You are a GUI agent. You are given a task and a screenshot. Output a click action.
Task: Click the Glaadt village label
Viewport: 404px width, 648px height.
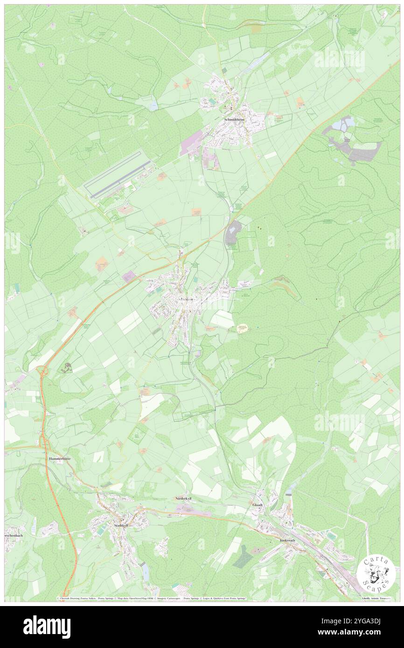click(258, 504)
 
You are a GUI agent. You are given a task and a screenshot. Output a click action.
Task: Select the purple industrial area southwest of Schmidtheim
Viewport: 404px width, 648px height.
click(191, 143)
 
